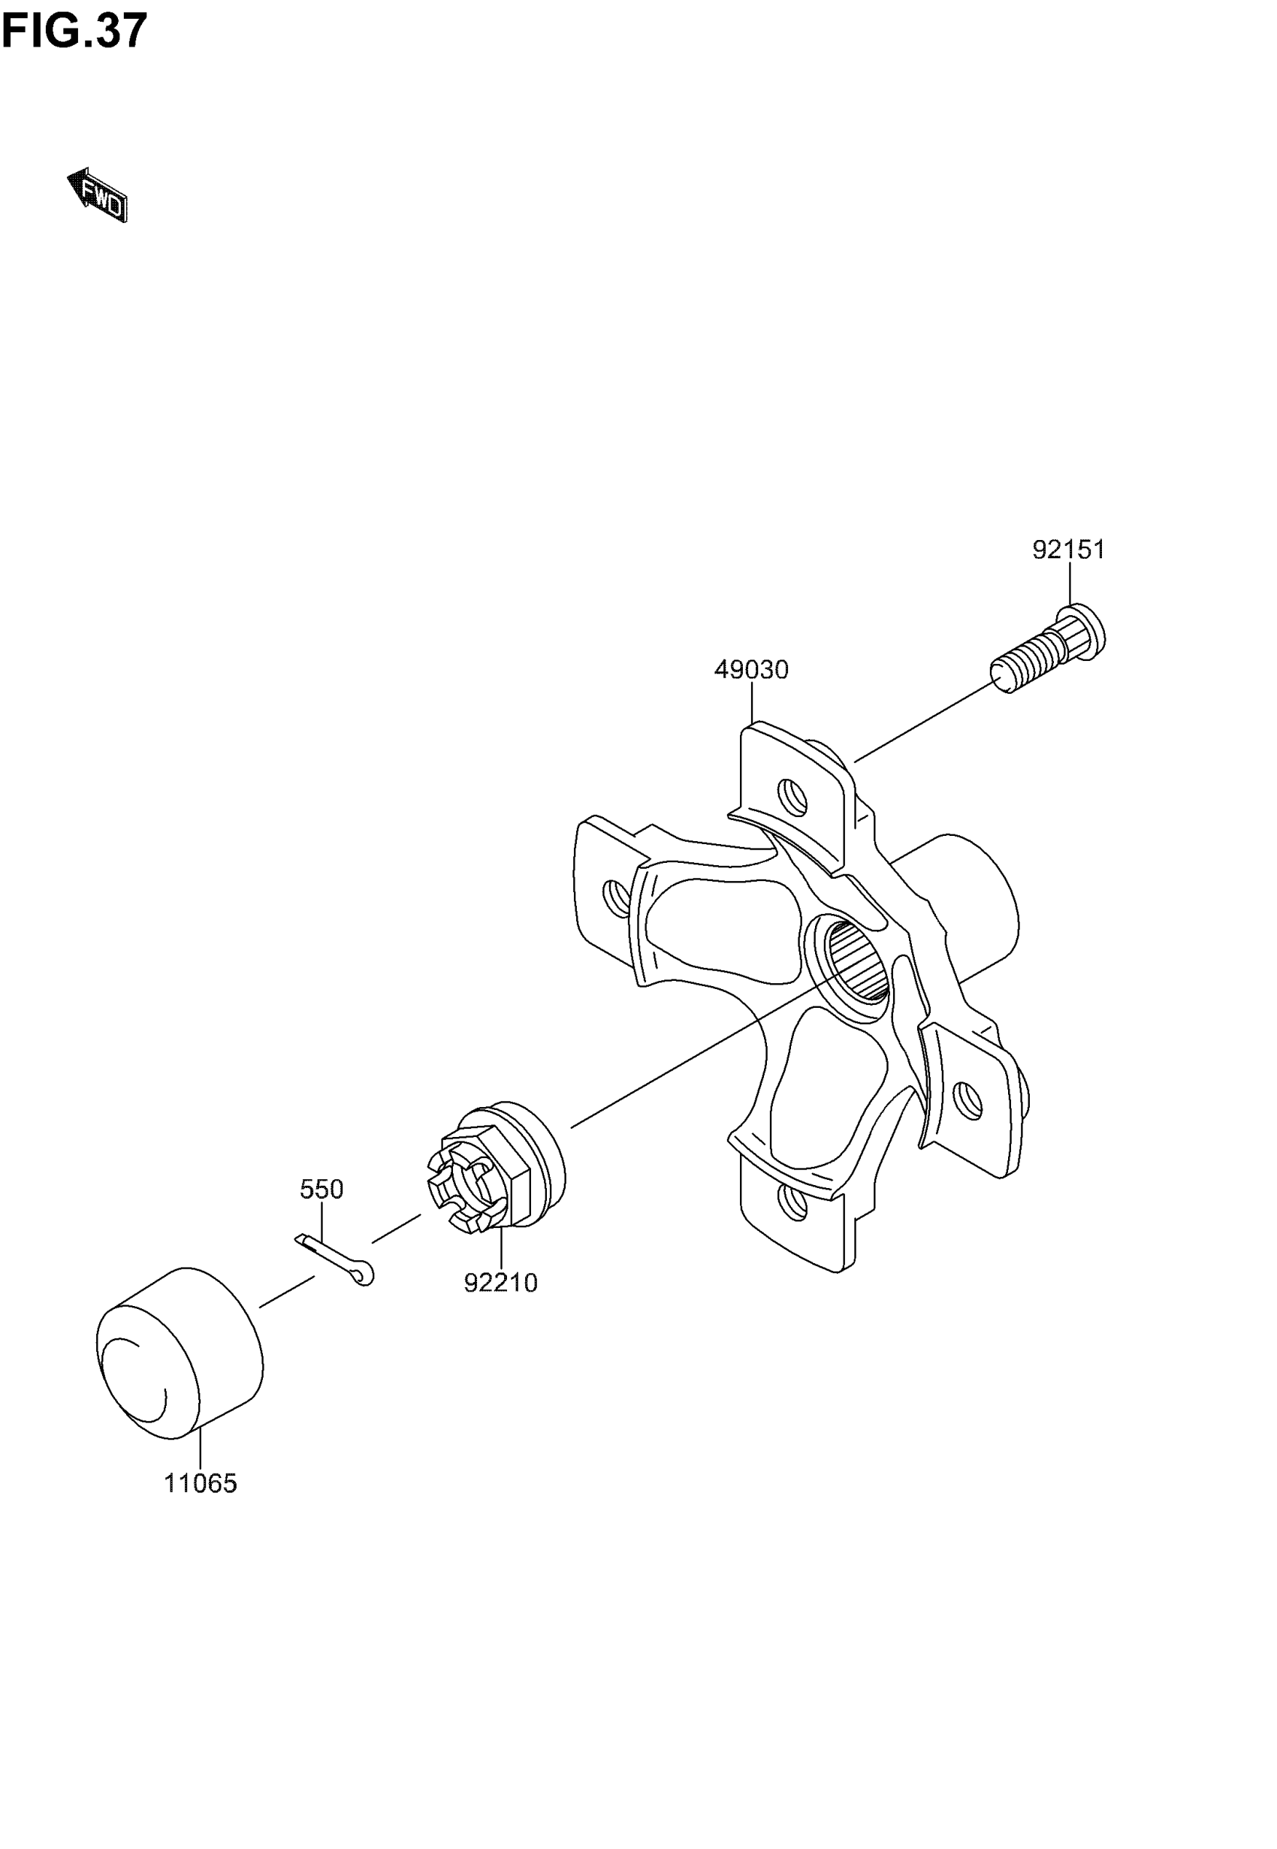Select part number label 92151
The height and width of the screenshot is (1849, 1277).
click(1068, 550)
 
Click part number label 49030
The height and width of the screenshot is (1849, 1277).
click(751, 669)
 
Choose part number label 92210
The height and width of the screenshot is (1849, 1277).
click(501, 1283)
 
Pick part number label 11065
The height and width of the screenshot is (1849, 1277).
click(201, 1483)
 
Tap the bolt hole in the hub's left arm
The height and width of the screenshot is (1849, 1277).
click(617, 898)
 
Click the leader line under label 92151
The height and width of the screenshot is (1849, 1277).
click(1070, 584)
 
